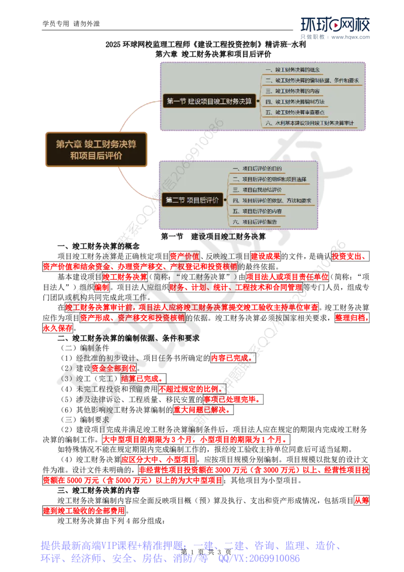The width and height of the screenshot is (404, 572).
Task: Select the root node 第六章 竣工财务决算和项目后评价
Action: pos(96,150)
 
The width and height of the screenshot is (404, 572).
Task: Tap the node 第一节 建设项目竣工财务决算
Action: pos(209,101)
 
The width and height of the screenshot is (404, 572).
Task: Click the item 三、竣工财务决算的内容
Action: pos(296,91)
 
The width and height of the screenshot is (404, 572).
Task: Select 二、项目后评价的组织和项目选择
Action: pos(272,179)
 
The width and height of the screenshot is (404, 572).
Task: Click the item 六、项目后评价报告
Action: pos(258,221)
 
